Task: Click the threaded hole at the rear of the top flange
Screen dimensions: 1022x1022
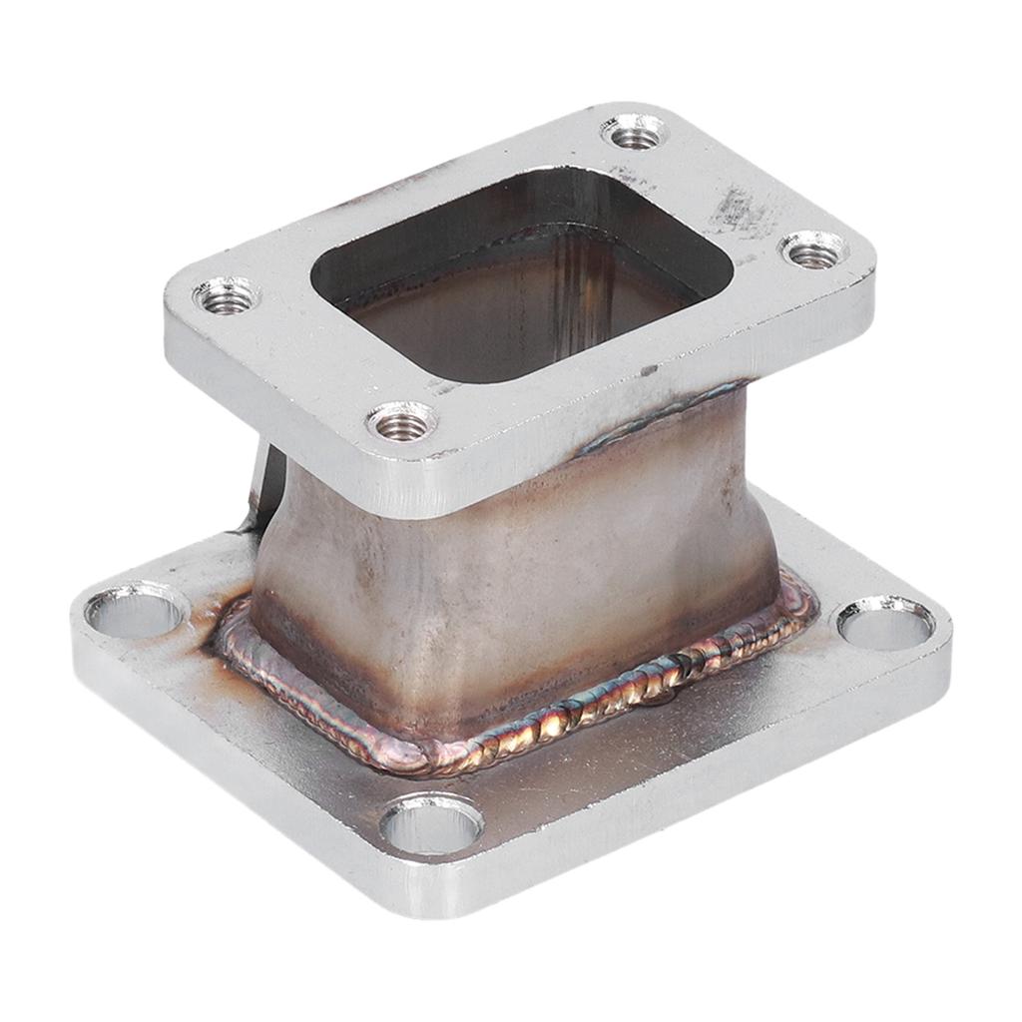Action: click(635, 132)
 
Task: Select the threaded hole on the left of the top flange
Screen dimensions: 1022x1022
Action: click(227, 295)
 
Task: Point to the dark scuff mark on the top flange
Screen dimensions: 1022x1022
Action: click(740, 210)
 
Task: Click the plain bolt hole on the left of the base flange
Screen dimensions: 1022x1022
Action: click(135, 609)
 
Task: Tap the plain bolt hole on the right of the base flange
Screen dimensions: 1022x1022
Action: click(885, 624)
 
